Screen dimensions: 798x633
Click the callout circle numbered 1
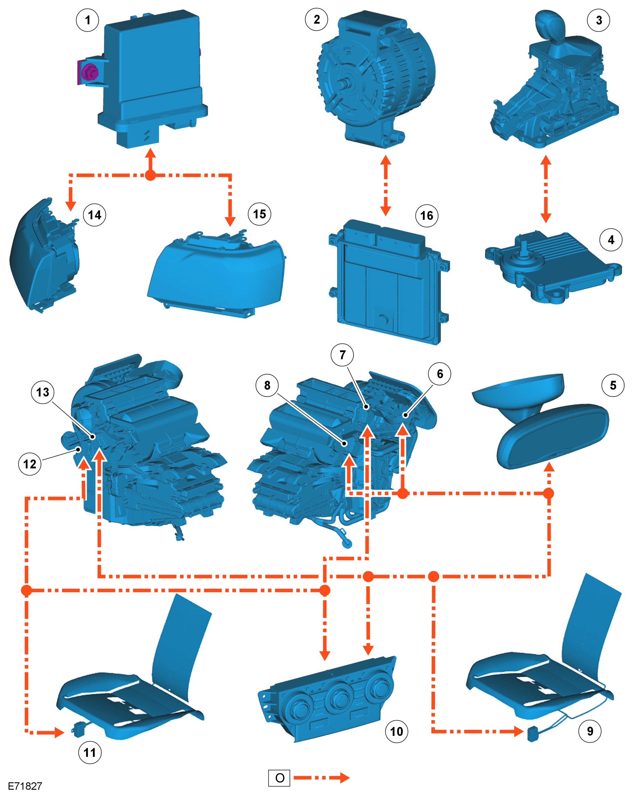87,20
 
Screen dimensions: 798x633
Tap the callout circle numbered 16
426,215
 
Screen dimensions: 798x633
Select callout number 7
342,354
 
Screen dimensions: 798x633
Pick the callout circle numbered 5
613,385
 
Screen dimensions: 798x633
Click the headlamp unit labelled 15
218,270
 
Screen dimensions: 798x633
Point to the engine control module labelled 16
389,281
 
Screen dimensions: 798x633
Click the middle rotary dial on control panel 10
339,698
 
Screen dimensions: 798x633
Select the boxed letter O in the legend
279,778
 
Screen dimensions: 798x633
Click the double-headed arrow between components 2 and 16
385,185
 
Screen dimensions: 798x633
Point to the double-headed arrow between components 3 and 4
545,189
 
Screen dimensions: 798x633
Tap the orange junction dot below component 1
150,175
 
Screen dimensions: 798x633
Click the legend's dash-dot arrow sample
321,778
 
